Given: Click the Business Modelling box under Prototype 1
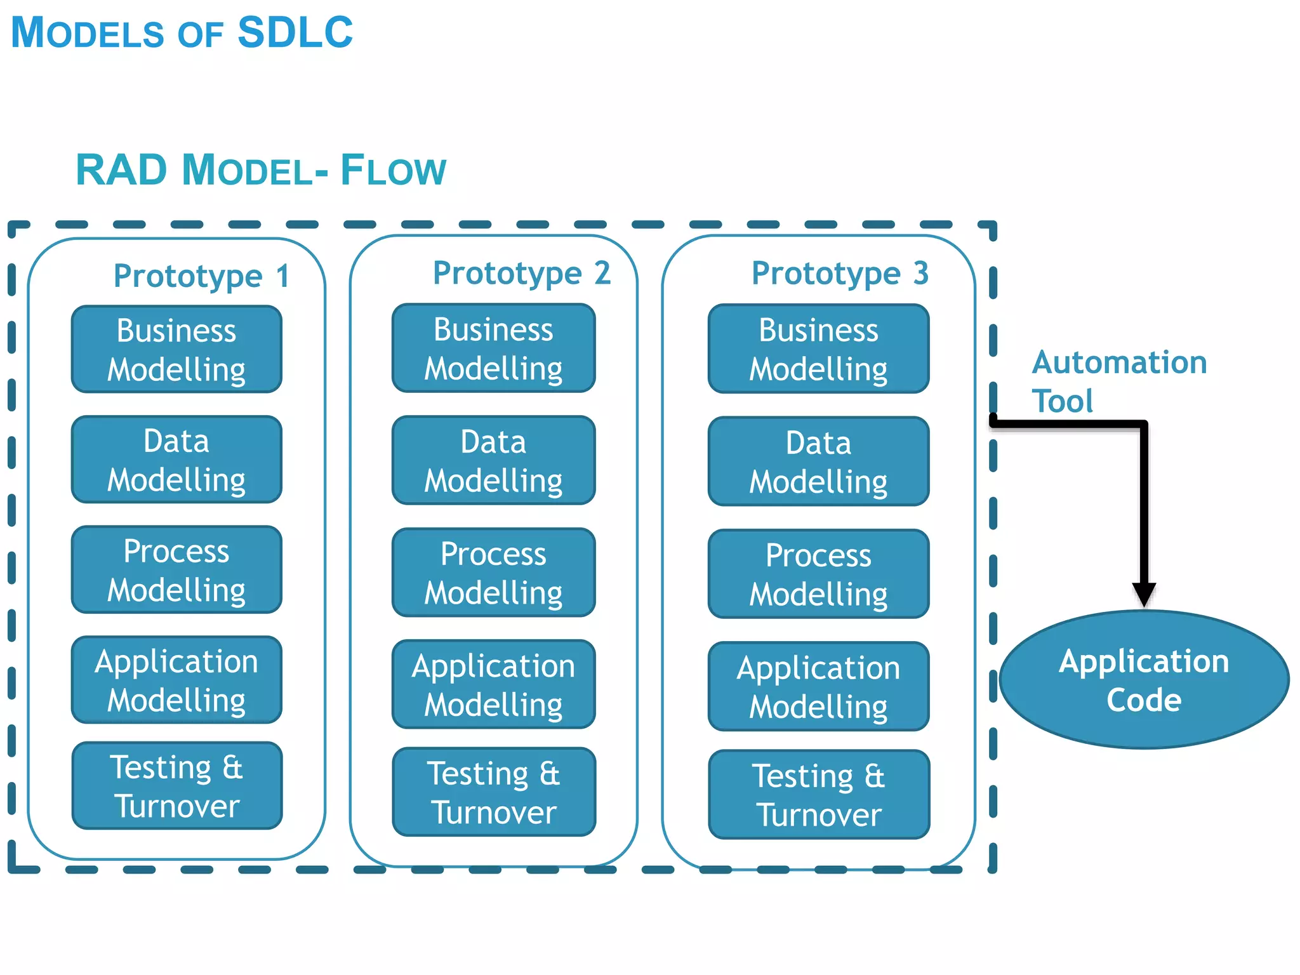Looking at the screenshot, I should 176,349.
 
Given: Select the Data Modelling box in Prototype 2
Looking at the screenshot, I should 493,460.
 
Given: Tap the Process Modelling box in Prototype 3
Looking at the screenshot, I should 818,574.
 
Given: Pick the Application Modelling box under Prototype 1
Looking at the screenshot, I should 176,680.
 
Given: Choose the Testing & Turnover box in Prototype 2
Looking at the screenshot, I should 493,792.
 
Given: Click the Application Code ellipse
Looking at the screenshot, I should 1144,680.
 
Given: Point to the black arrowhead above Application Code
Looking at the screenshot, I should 1144,594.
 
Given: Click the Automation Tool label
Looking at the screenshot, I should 1118,381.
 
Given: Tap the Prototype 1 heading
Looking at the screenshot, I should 201,276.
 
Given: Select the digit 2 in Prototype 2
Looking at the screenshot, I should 602,273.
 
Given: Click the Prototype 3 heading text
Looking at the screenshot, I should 839,274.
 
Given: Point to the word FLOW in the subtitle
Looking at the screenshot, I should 393,170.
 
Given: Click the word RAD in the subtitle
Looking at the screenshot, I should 121,170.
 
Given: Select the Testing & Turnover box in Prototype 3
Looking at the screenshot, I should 818,795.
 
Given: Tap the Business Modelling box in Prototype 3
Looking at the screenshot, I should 818,349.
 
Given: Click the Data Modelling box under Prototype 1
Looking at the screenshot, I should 176,460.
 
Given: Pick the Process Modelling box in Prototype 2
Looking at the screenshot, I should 493,573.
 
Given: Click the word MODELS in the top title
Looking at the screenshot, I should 87,33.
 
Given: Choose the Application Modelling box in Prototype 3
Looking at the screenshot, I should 818,686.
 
